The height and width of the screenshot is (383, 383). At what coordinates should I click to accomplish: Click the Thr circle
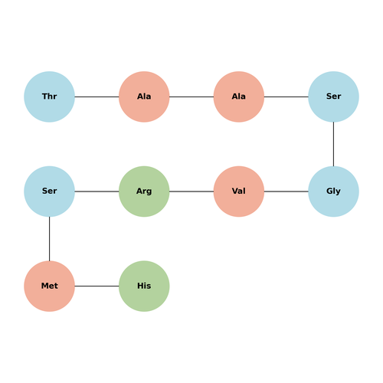tap(49, 97)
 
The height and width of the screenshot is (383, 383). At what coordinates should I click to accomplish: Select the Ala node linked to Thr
tap(144, 97)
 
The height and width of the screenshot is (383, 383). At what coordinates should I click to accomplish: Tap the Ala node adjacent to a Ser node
tap(239, 97)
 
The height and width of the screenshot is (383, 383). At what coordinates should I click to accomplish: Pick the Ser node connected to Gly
tap(333, 97)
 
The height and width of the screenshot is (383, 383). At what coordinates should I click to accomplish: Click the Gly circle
tap(333, 191)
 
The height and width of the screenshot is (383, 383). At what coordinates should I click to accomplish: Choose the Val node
tap(239, 191)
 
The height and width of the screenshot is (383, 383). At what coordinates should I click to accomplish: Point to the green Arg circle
tap(144, 191)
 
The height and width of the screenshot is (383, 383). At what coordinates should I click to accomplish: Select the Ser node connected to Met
tap(49, 191)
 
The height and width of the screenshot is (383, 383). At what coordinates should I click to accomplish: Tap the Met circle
tap(49, 286)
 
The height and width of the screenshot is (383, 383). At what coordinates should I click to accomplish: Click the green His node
tap(144, 286)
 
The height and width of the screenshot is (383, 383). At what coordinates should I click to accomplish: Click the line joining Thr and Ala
tap(97, 97)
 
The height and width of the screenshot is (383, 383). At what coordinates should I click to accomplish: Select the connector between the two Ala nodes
tap(191, 97)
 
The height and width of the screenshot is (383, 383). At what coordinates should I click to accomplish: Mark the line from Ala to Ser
tap(286, 97)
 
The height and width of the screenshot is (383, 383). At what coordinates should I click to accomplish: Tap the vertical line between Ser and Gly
tap(333, 144)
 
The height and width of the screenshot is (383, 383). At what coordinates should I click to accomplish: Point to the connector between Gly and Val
tap(286, 191)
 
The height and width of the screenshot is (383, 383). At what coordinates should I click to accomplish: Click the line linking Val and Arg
tap(191, 191)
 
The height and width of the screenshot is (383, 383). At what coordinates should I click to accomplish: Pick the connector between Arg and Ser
tap(97, 191)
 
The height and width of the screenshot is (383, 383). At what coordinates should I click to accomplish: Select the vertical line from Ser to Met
tap(49, 239)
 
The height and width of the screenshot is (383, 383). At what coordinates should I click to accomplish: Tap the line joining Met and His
tap(97, 286)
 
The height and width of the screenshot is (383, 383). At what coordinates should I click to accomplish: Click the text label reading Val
tap(239, 191)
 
